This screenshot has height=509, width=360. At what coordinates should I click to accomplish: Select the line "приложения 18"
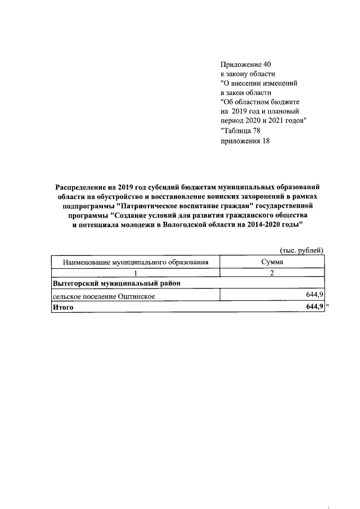[x=245, y=141]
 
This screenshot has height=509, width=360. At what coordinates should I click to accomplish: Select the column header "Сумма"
[x=272, y=262]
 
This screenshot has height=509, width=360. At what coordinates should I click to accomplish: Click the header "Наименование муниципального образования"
[x=136, y=262]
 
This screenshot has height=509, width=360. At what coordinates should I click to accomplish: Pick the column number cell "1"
[x=136, y=272]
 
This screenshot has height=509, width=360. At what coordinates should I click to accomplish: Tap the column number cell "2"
[x=272, y=272]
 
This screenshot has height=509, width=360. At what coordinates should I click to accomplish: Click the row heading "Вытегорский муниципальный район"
[x=116, y=283]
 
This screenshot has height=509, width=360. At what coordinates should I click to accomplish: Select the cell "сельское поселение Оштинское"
[x=103, y=295]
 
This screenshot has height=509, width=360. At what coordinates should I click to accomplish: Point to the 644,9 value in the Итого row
[x=312, y=307]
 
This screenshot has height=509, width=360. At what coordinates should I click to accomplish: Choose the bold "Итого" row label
[x=63, y=307]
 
